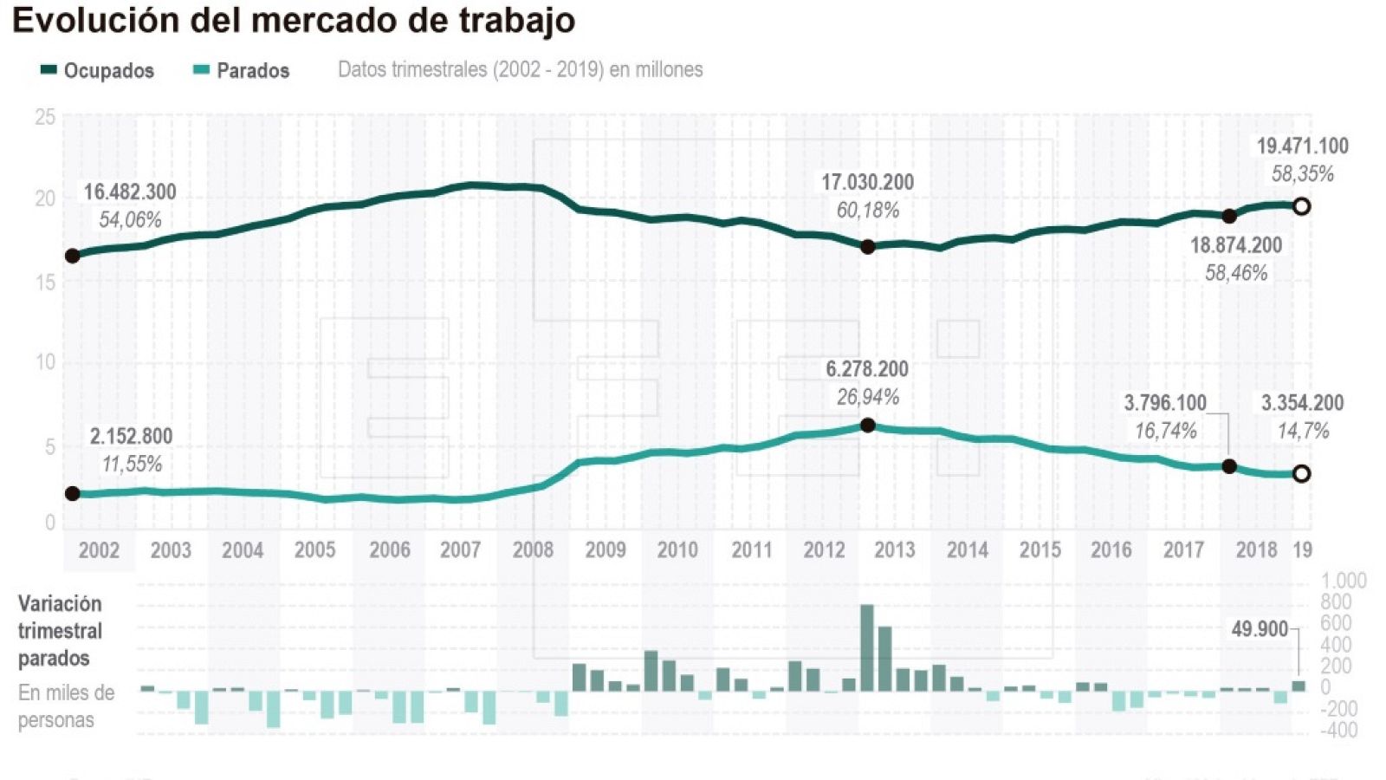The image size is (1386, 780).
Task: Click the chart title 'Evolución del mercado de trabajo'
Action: pos(294,20)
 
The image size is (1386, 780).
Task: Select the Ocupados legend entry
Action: pos(97,70)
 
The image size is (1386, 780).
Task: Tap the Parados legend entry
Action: pos(241,70)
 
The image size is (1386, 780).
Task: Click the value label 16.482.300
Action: pos(130,192)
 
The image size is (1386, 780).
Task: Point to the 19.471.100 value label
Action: pos(1302,146)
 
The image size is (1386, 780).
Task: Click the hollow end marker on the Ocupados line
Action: pos(1301,206)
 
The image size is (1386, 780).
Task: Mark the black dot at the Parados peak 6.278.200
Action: pos(868,426)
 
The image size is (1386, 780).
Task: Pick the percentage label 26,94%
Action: pos(867,397)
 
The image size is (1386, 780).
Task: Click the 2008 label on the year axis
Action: pos(533,550)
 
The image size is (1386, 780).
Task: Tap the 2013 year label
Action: pos(894,550)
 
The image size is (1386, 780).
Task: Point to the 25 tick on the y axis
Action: pos(45,117)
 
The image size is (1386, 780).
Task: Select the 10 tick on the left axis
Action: pos(45,362)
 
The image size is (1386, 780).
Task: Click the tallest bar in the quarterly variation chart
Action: pos(867,647)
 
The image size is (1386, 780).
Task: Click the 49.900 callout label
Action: pos(1260,629)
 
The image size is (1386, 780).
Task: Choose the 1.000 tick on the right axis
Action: pos(1344,581)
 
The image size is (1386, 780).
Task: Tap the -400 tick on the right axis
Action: pos(1338,731)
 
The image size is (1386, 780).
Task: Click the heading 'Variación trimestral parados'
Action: pos(60,630)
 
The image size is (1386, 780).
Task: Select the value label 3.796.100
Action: pos(1165,403)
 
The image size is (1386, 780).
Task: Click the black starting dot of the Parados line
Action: pos(73,493)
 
